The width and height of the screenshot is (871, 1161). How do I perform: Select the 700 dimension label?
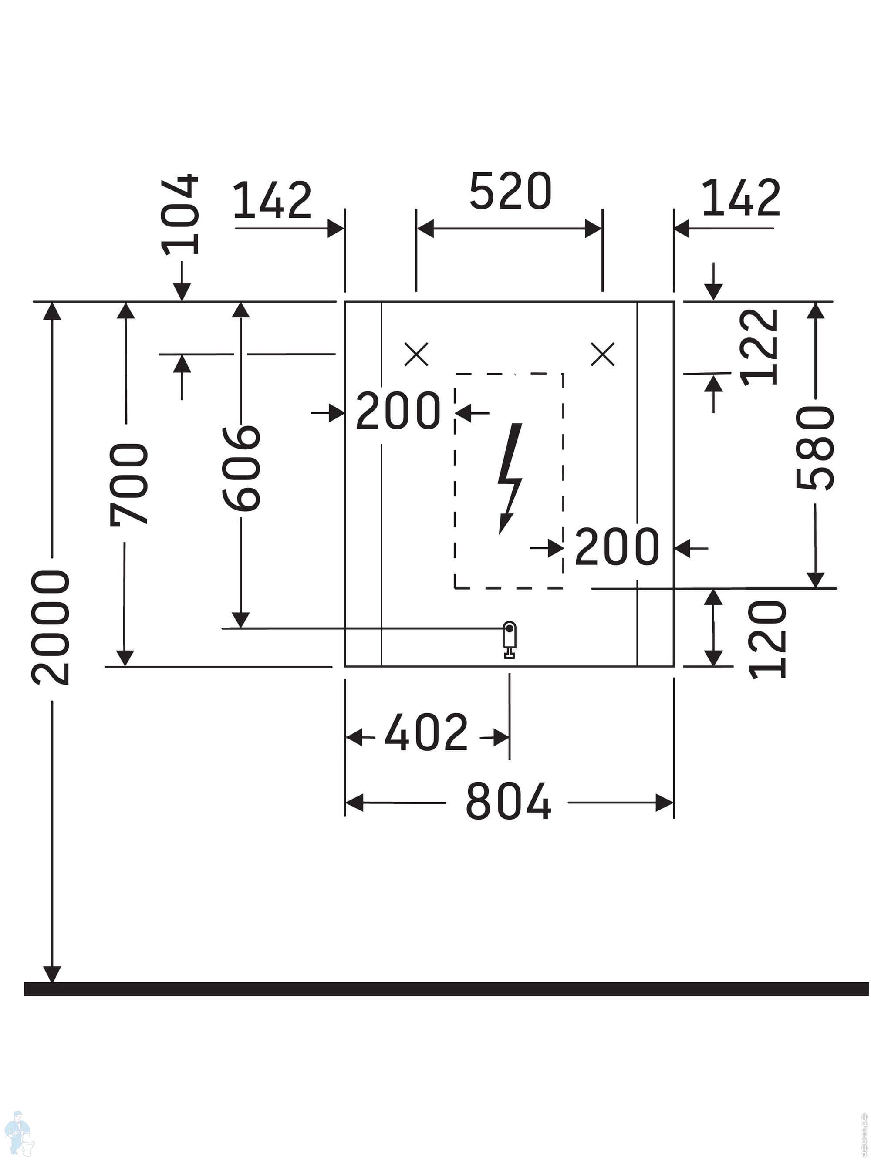point(129,484)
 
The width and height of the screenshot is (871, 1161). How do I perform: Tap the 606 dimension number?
point(241,468)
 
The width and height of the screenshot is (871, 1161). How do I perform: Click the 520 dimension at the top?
point(510,191)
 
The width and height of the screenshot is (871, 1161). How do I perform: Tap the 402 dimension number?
point(426,731)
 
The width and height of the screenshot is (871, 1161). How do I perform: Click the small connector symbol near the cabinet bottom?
point(509,639)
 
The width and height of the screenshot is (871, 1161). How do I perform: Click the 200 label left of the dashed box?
point(398,411)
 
